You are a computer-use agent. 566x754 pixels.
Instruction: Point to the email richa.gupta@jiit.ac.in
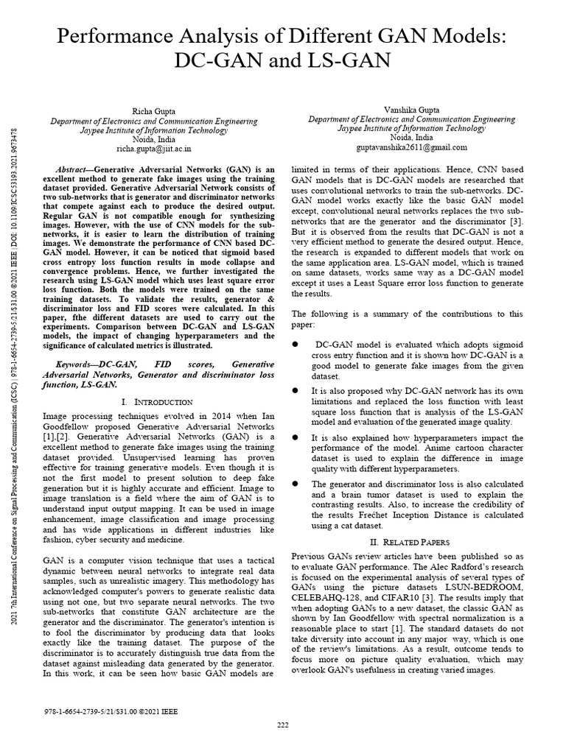154,148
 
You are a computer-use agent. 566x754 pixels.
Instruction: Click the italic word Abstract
77,169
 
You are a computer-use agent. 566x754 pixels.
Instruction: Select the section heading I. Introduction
153,402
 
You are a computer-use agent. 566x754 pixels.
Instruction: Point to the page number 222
283,725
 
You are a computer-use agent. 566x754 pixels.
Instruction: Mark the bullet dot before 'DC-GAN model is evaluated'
296,344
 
